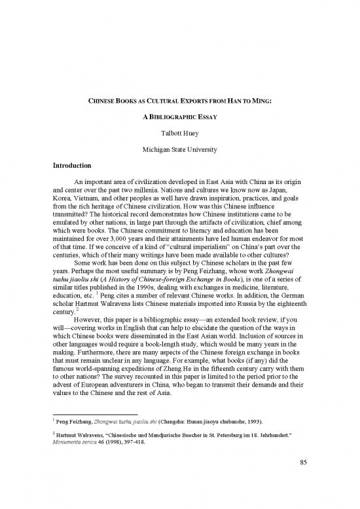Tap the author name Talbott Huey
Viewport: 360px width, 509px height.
(x=179, y=136)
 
